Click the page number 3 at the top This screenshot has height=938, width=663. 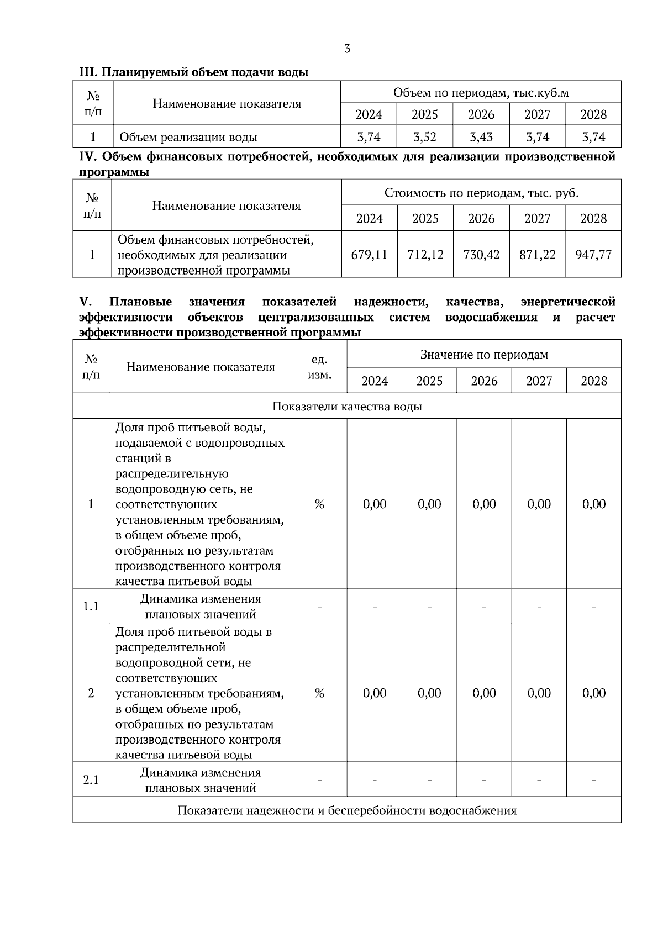coord(347,49)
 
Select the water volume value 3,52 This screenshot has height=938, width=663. coord(424,137)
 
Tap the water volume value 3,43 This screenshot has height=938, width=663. coord(481,137)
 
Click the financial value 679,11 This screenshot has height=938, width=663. coord(369,255)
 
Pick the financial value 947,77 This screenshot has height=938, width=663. coord(593,255)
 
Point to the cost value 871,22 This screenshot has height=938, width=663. coord(537,255)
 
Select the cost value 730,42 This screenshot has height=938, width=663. coord(481,255)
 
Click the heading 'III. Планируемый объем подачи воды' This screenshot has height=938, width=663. coord(193,72)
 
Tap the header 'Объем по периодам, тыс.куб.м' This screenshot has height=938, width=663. coord(481,92)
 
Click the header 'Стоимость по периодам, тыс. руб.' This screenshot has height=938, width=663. coord(481,193)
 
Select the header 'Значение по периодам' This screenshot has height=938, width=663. coord(484,354)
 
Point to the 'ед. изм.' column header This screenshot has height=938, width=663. coord(319,367)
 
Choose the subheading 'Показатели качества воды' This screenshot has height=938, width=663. coord(347,407)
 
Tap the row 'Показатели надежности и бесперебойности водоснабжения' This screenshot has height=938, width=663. coord(347,810)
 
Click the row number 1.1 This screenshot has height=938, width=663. coord(91,607)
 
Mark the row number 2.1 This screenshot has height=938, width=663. coord(91,780)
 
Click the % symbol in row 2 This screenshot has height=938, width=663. coord(319,693)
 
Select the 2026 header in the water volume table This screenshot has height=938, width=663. coord(481,114)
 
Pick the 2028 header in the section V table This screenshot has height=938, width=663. coord(593,381)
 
